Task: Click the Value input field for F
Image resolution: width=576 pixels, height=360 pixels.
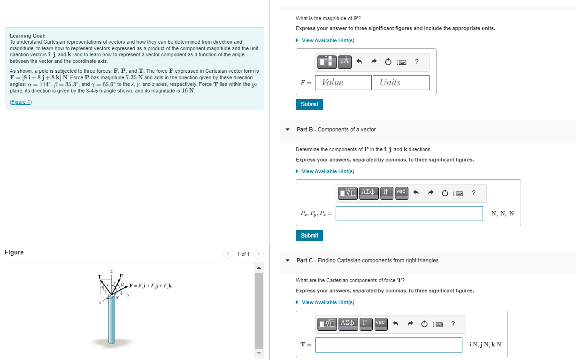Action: pyautogui.click(x=343, y=83)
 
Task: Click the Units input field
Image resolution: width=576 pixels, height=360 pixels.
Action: pyautogui.click(x=401, y=83)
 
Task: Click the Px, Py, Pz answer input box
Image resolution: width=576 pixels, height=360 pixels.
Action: pyautogui.click(x=409, y=214)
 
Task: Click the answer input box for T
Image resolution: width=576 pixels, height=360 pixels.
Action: pyautogui.click(x=389, y=345)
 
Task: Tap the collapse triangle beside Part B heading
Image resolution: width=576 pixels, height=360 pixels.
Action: pyautogui.click(x=287, y=130)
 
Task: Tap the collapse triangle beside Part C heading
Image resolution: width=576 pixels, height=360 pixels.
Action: pyautogui.click(x=287, y=260)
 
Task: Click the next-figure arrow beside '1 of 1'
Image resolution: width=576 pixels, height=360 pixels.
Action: pyautogui.click(x=259, y=254)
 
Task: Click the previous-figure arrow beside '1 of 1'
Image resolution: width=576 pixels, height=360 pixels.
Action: pyautogui.click(x=228, y=254)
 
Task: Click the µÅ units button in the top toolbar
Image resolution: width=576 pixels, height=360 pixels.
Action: pyautogui.click(x=345, y=61)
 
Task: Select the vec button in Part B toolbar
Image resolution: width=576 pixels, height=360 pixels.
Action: pyautogui.click(x=401, y=192)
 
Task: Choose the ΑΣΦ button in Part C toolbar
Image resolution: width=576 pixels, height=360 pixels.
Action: pyautogui.click(x=347, y=323)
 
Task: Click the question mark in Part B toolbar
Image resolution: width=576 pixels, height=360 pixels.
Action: pyautogui.click(x=473, y=192)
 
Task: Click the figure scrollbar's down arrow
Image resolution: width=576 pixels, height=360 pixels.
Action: pyautogui.click(x=259, y=353)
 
